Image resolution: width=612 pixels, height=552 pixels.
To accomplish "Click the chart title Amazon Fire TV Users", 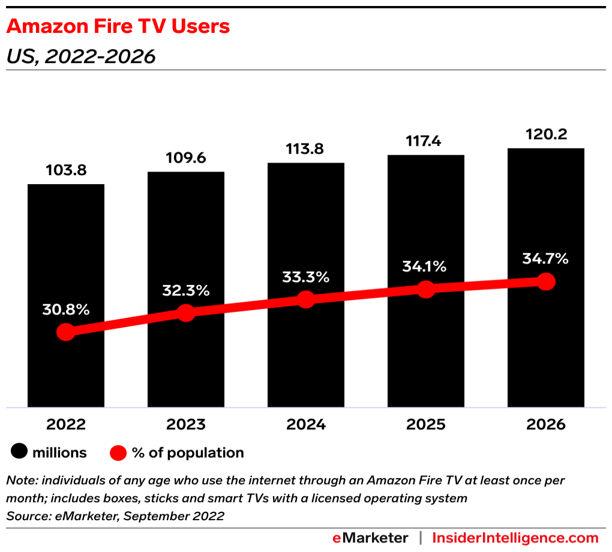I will (x=118, y=27).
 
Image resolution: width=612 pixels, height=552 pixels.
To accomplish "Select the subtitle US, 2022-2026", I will (x=80, y=56).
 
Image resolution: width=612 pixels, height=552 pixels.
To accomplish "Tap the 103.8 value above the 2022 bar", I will (x=66, y=170).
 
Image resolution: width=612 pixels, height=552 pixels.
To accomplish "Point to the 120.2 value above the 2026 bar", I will (x=546, y=134).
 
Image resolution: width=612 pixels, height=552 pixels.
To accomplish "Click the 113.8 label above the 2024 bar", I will (x=306, y=149).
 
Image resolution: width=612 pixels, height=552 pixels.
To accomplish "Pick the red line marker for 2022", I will (x=66, y=332).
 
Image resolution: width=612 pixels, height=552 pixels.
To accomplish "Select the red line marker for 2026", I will (x=546, y=281).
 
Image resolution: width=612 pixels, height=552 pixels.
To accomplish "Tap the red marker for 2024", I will (x=306, y=299).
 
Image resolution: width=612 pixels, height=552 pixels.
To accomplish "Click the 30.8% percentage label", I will (x=66, y=310).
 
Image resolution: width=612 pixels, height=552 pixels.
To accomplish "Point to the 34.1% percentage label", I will (x=426, y=267).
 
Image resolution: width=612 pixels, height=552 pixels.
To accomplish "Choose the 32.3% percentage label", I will (x=186, y=290).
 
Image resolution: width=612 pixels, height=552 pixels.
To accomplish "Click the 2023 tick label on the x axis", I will (x=186, y=425).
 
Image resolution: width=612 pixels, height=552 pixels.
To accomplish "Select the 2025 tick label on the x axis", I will (x=426, y=425).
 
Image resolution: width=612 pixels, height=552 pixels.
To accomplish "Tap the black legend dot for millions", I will (x=20, y=452).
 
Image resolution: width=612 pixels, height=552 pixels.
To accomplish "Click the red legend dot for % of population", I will (x=118, y=453).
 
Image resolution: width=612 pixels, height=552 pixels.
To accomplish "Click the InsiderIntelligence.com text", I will (x=515, y=538).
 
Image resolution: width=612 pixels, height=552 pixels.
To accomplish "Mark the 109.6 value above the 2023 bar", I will (x=186, y=158).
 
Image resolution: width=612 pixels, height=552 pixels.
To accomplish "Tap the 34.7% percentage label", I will (x=546, y=259).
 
